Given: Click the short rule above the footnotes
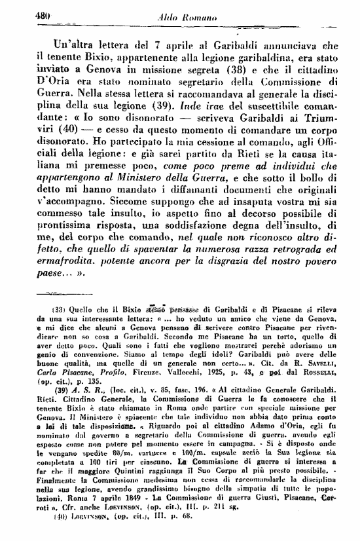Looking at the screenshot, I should click(x=46, y=295).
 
